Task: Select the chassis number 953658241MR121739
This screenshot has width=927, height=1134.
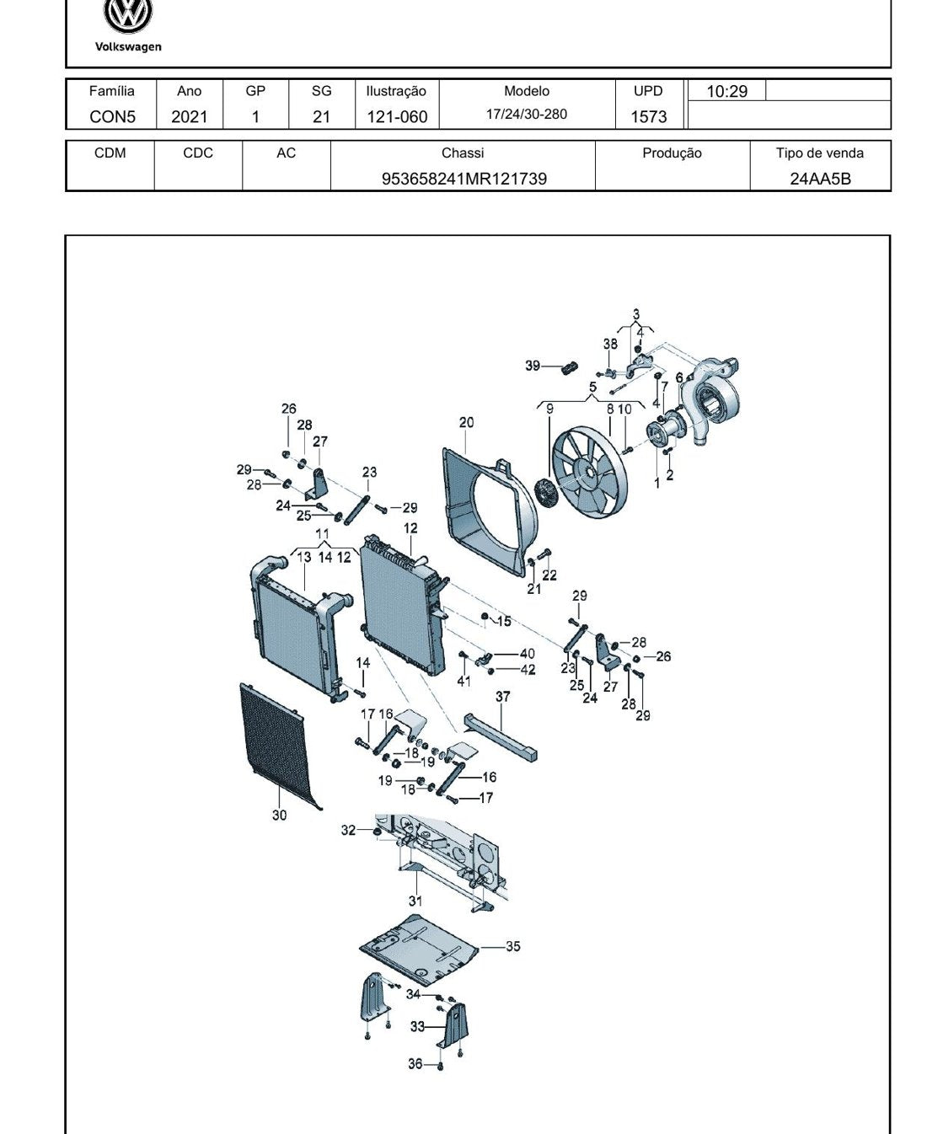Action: pos(463,179)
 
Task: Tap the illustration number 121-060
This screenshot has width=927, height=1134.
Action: pos(397,116)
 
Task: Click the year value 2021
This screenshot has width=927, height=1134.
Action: pos(190,116)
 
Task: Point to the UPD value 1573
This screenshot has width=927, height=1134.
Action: pos(648,116)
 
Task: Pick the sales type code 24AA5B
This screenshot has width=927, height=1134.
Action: pos(820,179)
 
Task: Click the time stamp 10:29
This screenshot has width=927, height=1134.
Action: pos(727,91)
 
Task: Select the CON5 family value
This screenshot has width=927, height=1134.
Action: pos(112,116)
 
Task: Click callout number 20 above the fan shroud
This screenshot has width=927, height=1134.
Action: pos(467,423)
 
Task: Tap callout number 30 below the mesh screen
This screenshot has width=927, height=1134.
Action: pos(279,815)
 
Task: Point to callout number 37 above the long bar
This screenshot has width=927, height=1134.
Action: pos(502,696)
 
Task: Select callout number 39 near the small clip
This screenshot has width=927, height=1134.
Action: pos(533,366)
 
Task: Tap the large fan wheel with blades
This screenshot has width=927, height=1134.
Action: pos(590,472)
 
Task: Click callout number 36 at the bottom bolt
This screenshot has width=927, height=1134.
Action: pos(415,1063)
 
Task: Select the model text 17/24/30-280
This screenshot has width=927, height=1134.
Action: pos(526,114)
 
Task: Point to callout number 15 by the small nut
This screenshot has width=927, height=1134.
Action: pos(504,621)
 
